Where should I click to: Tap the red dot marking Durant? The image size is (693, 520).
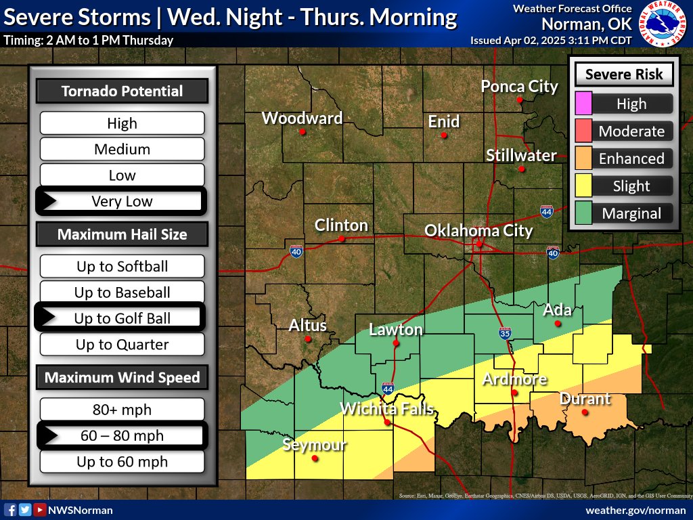(x=585, y=412)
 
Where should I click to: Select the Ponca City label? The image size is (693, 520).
(x=519, y=87)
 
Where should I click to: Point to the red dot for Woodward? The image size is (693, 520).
(x=303, y=131)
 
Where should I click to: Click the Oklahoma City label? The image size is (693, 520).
(x=478, y=230)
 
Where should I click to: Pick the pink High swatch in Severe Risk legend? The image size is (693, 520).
(x=583, y=104)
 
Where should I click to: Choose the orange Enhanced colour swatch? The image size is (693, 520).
(x=583, y=158)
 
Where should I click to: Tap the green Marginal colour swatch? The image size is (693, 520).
(x=583, y=213)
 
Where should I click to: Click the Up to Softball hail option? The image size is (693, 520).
(x=122, y=266)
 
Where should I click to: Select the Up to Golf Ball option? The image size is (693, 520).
(x=122, y=318)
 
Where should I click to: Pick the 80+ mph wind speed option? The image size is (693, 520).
(x=122, y=410)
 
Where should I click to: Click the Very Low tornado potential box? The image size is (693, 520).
(x=122, y=201)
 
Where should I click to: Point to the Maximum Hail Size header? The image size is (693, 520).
(x=122, y=235)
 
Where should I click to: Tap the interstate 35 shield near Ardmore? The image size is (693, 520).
(x=505, y=333)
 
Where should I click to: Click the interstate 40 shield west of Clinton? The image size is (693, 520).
(x=296, y=251)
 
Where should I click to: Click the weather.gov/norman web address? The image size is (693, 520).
(x=635, y=510)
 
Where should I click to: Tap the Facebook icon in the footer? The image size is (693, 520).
(x=10, y=510)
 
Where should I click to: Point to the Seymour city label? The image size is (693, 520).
(x=314, y=445)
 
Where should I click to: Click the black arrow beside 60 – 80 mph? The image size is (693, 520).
(x=49, y=435)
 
